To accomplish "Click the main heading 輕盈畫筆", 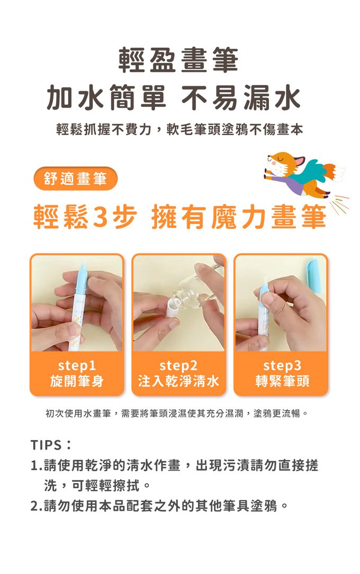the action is point(178,60).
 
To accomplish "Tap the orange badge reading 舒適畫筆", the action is point(75,178).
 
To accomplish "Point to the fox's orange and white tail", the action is point(334,172).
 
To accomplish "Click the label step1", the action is point(77,365).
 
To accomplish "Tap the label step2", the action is point(178,365).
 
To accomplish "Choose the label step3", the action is point(282,365).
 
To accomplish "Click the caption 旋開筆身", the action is point(77,381).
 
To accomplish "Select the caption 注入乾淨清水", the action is point(178,381).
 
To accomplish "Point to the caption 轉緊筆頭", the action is point(282,381).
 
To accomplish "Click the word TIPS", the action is point(46,445).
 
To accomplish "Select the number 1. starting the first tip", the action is point(37,465).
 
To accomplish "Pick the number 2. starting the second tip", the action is point(37,506).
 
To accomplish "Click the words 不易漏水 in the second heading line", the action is point(241,98).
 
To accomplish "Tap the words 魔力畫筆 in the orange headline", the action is point(268,217).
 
